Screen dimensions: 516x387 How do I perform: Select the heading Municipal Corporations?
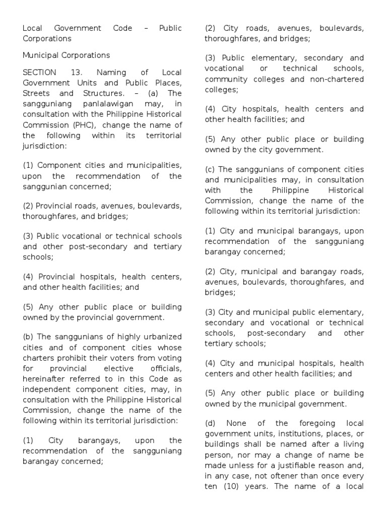tap(66, 55)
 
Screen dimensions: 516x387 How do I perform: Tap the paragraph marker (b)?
tap(28, 337)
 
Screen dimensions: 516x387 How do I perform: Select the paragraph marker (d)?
tap(211, 423)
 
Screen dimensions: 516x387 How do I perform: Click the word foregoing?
tap(304, 423)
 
